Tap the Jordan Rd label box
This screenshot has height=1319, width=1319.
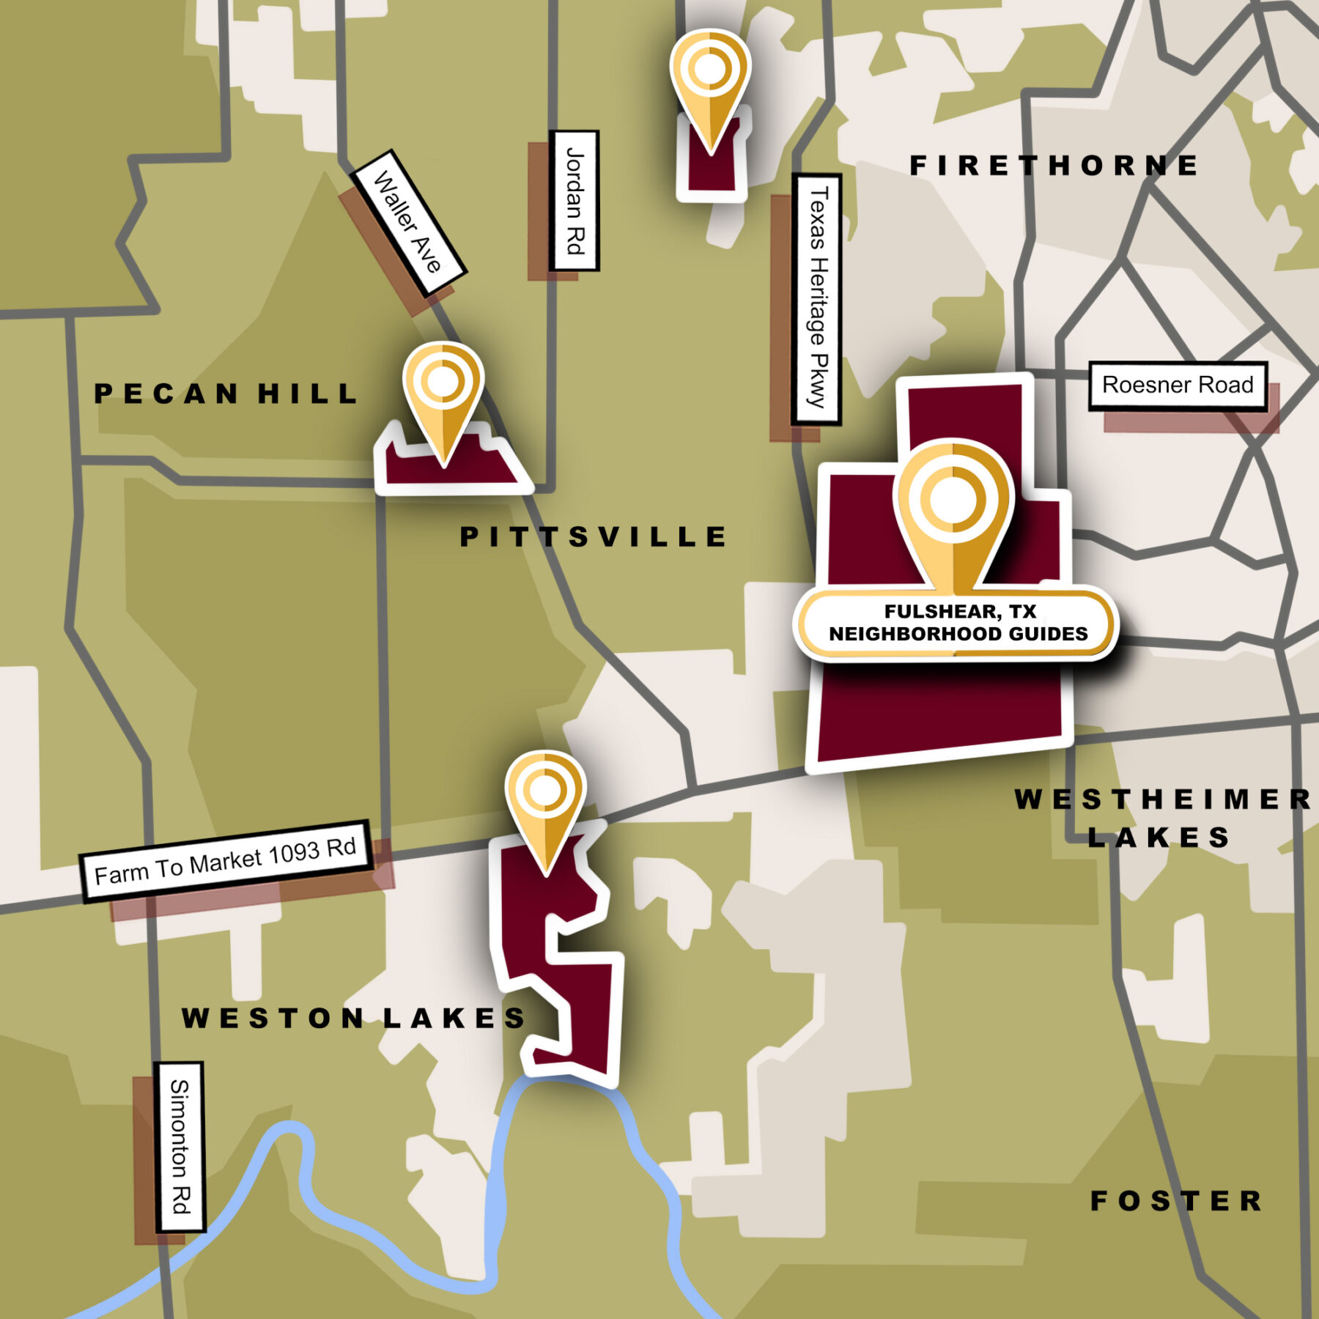574,201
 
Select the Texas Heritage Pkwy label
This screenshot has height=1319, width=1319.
816,299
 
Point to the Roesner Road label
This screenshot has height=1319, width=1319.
1178,385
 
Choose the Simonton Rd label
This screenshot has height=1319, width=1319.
180,1147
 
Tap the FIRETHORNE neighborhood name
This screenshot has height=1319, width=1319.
1054,166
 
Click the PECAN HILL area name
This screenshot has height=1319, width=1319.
226,394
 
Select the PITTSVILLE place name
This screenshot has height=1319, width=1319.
593,537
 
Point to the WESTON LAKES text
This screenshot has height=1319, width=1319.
354,1018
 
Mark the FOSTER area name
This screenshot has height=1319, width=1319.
1177,1201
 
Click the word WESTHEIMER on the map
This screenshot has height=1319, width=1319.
1163,799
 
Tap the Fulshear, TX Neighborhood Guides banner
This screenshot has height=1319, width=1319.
958,623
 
